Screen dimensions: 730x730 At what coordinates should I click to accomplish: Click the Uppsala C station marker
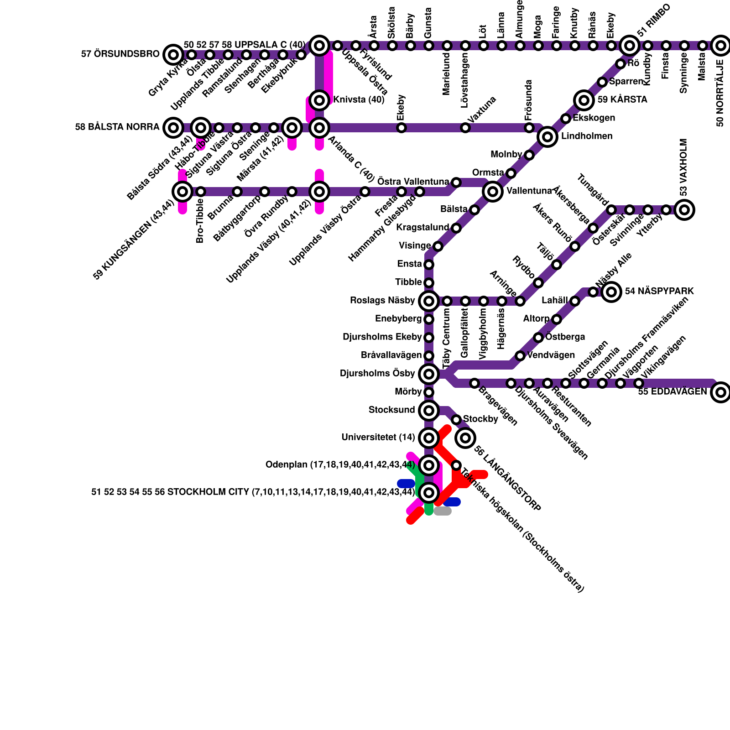pyautogui.click(x=319, y=45)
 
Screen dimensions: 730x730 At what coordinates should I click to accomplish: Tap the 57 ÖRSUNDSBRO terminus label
pyautogui.click(x=120, y=54)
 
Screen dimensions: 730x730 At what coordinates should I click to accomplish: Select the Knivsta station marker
pyautogui.click(x=319, y=100)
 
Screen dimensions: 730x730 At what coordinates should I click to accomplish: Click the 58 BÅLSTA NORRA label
pyautogui.click(x=117, y=127)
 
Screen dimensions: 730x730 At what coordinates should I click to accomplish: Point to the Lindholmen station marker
pyautogui.click(x=547, y=136)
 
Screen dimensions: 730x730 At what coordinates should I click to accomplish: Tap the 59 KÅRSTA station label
pyautogui.click(x=622, y=100)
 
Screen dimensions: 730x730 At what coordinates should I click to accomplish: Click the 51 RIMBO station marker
pyautogui.click(x=630, y=45)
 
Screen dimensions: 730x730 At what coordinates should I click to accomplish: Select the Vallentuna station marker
pyautogui.click(x=493, y=191)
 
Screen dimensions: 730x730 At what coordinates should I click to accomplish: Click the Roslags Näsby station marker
pyautogui.click(x=429, y=301)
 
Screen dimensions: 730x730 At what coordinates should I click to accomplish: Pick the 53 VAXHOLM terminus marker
pyautogui.click(x=684, y=209)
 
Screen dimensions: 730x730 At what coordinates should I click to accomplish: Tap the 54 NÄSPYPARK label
pyautogui.click(x=659, y=292)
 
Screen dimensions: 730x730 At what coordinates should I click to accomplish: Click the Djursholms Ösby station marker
pyautogui.click(x=429, y=374)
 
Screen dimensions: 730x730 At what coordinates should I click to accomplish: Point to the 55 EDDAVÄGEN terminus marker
pyautogui.click(x=721, y=392)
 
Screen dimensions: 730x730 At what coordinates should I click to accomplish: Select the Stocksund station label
pyautogui.click(x=391, y=410)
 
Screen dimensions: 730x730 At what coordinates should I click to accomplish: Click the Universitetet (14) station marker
pyautogui.click(x=429, y=438)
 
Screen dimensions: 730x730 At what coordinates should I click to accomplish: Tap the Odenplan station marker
pyautogui.click(x=429, y=465)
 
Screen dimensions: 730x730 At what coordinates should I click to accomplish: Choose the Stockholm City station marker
pyautogui.click(x=429, y=493)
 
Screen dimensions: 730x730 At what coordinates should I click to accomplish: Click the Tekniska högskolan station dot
pyautogui.click(x=456, y=465)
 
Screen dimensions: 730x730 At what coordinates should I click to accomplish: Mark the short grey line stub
pyautogui.click(x=443, y=511)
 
